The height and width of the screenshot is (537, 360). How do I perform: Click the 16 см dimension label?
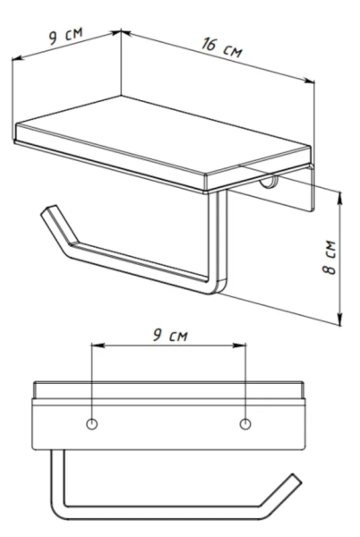point(222,48)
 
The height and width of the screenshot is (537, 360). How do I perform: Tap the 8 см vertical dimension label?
point(330,258)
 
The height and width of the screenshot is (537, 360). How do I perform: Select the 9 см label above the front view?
point(170,336)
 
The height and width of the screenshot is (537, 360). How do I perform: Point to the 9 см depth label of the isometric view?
point(65,36)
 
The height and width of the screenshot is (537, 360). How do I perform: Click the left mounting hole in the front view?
point(92,424)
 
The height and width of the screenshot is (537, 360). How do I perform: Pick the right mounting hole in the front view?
point(244,424)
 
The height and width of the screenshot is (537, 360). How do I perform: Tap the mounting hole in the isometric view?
point(269,183)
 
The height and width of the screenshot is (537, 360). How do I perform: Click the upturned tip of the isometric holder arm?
point(48,210)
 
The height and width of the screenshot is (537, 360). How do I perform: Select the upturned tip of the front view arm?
point(296,479)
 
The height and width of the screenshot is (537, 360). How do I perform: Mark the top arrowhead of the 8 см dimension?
point(339,198)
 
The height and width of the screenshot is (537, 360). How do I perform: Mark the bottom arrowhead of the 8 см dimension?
point(339,319)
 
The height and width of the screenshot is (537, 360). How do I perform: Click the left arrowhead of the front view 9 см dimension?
point(98,345)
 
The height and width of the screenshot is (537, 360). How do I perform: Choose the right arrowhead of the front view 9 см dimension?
point(239,345)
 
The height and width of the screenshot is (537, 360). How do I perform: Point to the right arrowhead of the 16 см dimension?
point(309,81)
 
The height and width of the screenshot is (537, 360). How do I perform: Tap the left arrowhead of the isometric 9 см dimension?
point(18,58)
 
